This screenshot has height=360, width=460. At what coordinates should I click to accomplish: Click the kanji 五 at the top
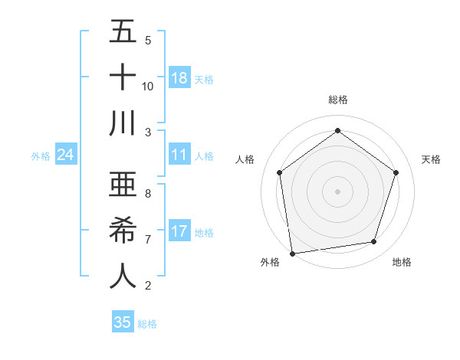click(122, 32)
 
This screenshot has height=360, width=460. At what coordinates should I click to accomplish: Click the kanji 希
click(122, 231)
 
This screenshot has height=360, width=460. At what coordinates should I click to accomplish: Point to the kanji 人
click(122, 276)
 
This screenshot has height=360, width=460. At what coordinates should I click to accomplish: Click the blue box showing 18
click(179, 77)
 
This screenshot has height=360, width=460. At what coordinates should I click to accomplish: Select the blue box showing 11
click(179, 155)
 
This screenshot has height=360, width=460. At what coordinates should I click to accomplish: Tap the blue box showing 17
click(179, 231)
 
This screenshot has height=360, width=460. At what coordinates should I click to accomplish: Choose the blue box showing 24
click(66, 155)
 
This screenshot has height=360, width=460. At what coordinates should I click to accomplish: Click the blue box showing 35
click(123, 322)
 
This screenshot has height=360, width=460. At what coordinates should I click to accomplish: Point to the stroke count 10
click(148, 86)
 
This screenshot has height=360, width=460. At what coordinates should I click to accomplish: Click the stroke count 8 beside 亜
click(147, 194)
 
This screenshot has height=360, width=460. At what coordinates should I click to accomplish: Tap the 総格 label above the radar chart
click(337, 100)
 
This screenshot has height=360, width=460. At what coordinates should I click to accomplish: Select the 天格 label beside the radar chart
click(431, 159)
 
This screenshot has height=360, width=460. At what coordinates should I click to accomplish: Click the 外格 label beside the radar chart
click(270, 262)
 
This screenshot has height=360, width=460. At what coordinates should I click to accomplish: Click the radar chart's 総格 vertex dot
click(337, 131)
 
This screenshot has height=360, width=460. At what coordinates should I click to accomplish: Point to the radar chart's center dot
click(337, 191)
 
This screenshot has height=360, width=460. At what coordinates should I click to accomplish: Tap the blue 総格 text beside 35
click(147, 324)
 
